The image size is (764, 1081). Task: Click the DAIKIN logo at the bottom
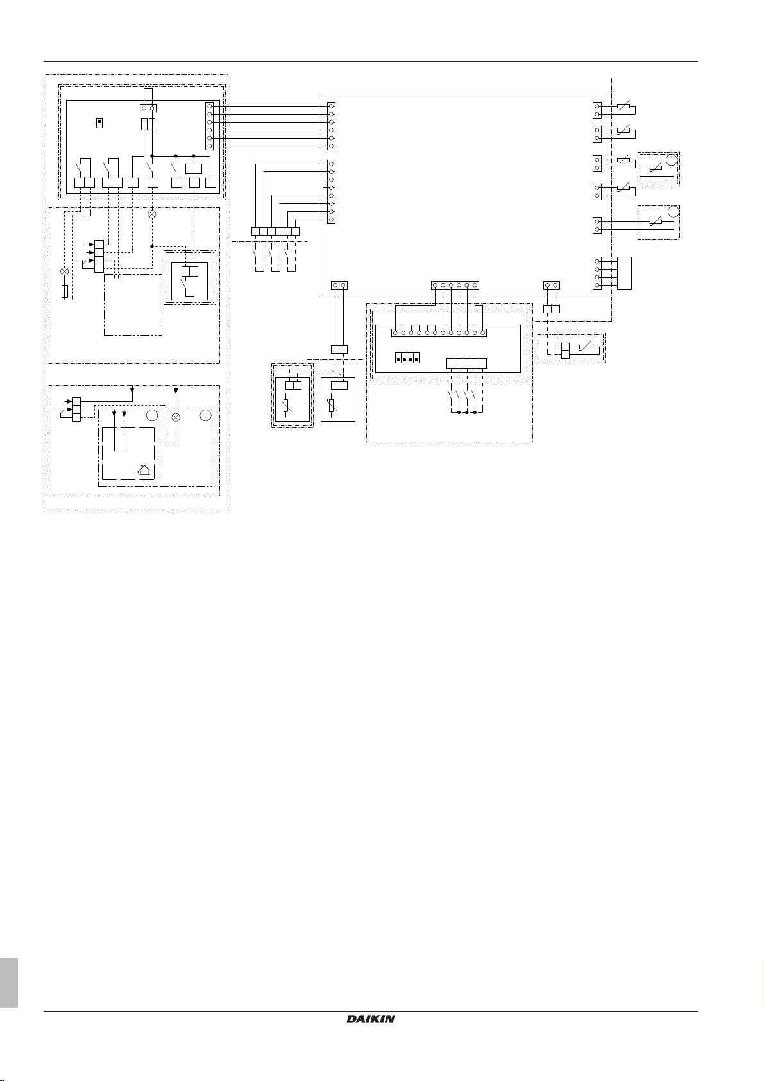pos(370,1019)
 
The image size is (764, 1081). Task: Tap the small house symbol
pos(143,470)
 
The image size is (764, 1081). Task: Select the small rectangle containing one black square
pos(99,123)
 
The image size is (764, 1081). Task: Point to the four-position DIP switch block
pos(407,358)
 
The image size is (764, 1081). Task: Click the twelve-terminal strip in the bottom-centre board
pos(439,333)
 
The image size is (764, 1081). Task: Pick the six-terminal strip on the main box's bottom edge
pos(455,285)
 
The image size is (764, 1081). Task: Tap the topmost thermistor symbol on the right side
pos(624,107)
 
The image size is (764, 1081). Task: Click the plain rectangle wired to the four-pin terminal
pos(624,273)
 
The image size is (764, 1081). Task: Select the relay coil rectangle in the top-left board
pos(194,169)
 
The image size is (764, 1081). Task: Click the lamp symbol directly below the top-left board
pos(152,214)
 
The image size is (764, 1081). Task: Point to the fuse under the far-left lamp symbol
pos(65,291)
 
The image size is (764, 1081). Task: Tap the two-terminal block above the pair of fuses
pos(148,108)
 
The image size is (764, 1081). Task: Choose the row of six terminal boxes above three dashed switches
pos(275,232)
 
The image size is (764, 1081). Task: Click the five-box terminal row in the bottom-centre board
pos(466,364)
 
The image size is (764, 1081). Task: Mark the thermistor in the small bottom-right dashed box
pos(585,347)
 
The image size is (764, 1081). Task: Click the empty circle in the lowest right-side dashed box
pos(674,211)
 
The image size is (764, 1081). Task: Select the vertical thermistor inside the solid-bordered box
pos(332,406)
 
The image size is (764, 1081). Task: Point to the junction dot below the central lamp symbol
pos(152,246)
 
